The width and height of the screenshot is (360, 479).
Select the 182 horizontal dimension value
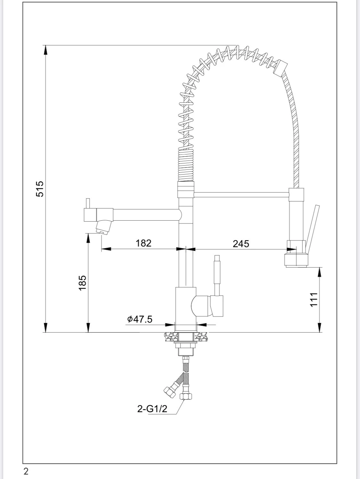click(143, 243)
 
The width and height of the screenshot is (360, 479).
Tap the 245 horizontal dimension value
click(241, 244)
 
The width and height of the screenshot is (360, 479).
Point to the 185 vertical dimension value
click(83, 282)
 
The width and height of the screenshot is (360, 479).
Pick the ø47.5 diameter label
click(140, 319)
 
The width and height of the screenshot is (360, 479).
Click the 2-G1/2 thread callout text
click(152, 409)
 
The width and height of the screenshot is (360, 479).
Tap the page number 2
click(26, 471)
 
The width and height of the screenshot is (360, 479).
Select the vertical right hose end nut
click(186, 397)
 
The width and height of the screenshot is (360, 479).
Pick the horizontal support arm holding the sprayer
click(242, 195)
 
